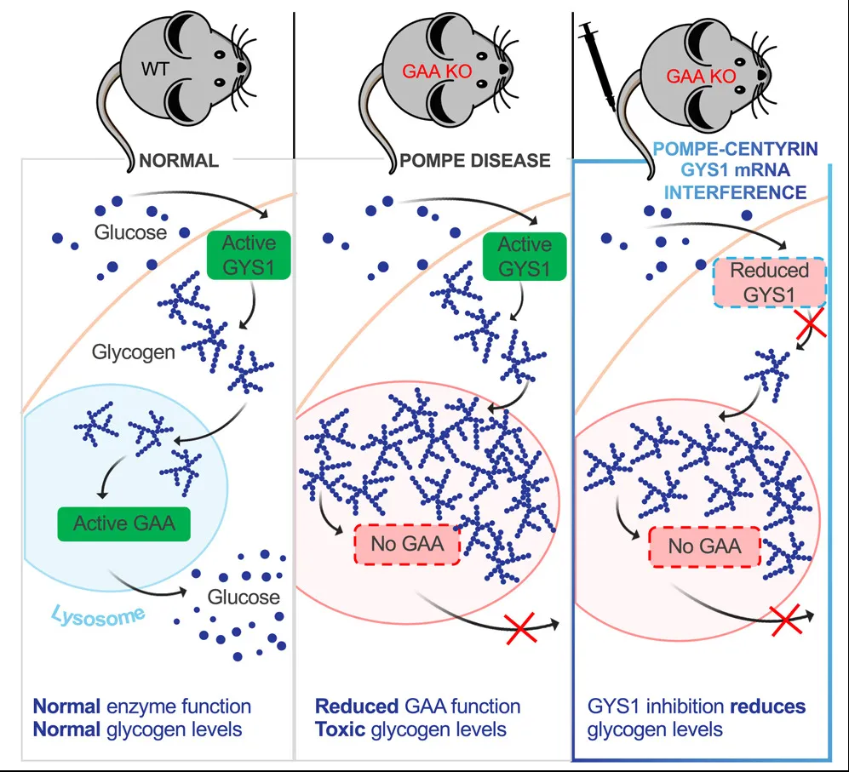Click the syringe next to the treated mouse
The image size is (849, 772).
pyautogui.click(x=596, y=60)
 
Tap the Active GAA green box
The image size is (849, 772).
pyautogui.click(x=124, y=522)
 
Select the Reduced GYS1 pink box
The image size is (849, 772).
pyautogui.click(x=769, y=283)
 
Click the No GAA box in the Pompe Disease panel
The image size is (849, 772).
pyautogui.click(x=406, y=544)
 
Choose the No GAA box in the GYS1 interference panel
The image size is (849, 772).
pyautogui.click(x=703, y=546)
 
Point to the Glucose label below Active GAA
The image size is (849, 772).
pyautogui.click(x=244, y=597)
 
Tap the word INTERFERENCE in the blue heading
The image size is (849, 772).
pyautogui.click(x=734, y=192)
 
